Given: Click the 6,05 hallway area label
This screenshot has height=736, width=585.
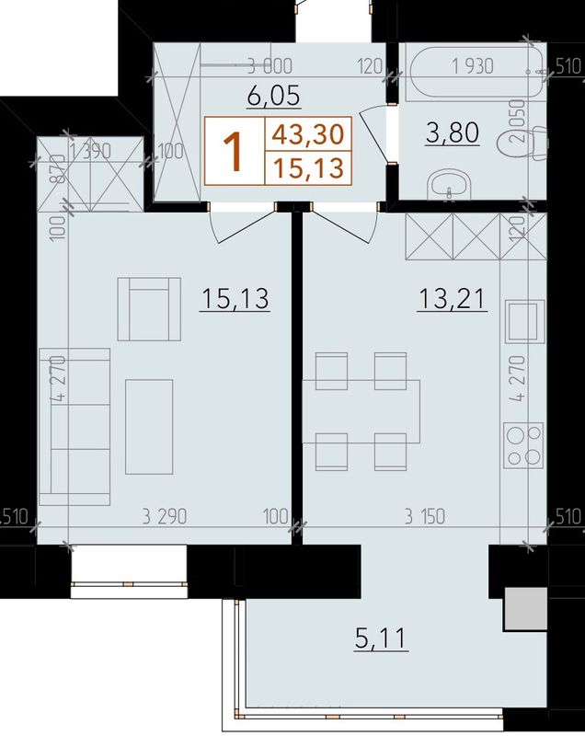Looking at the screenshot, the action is click(x=273, y=96).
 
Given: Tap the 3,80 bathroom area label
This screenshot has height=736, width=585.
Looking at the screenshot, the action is click(x=453, y=132).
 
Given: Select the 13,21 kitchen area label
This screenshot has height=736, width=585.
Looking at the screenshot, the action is click(x=453, y=298).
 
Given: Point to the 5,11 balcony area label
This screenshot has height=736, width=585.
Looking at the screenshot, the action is click(x=381, y=638).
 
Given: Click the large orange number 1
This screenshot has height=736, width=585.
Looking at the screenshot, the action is click(x=234, y=151).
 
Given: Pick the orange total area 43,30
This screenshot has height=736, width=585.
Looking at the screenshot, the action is click(x=308, y=133).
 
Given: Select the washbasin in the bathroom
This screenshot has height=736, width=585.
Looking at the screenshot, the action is click(x=450, y=184).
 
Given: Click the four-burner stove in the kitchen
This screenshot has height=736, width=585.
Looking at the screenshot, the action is click(x=523, y=445).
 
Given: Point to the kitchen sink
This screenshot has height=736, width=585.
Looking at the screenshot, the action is click(x=524, y=321).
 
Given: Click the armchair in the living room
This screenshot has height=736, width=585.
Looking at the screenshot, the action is click(x=149, y=308).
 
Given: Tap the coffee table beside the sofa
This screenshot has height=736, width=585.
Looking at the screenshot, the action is click(x=149, y=427).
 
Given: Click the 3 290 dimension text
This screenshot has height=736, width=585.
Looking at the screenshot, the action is click(x=165, y=517).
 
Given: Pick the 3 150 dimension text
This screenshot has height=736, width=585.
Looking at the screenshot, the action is click(x=425, y=517).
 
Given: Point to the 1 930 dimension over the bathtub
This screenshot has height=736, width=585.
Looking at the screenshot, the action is click(x=473, y=66).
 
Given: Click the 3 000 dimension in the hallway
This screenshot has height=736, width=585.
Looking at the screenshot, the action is click(x=270, y=66).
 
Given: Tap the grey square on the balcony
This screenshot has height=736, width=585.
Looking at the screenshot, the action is click(x=525, y=608).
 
